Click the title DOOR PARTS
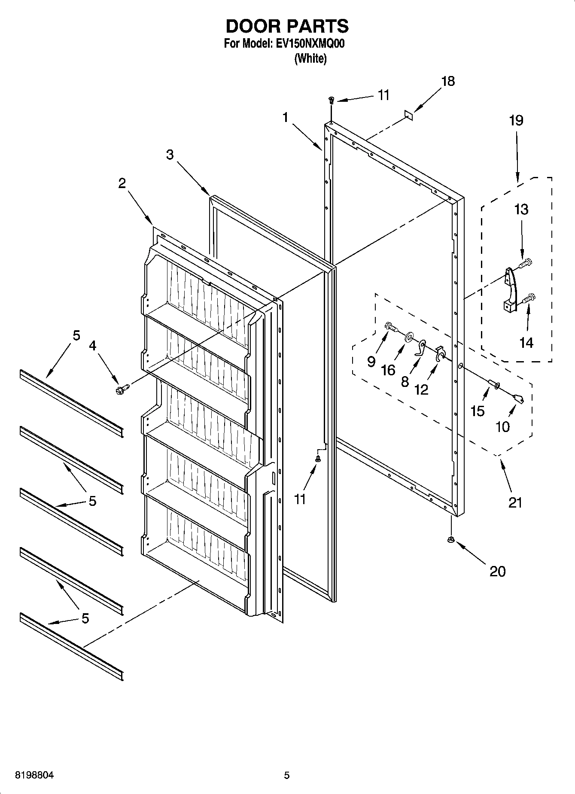[x=287, y=27]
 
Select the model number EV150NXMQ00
[x=308, y=44]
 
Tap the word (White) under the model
[x=310, y=59]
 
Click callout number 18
[x=448, y=81]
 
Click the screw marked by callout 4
[x=121, y=389]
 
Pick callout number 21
[x=515, y=502]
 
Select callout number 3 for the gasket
[x=170, y=155]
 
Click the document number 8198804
[x=34, y=775]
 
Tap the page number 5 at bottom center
[x=287, y=775]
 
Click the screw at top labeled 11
[x=331, y=100]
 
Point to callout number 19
[x=516, y=120]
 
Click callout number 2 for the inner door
[x=122, y=183]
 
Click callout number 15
[x=478, y=411]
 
